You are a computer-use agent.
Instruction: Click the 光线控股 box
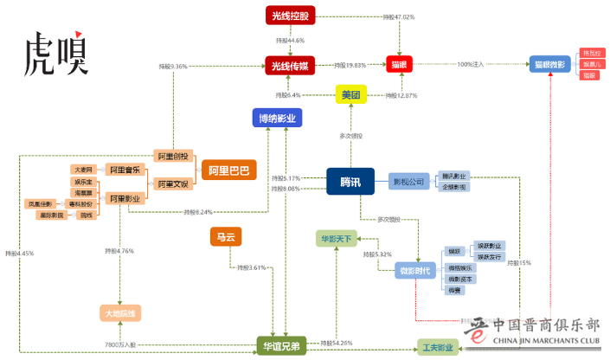pos(290,15)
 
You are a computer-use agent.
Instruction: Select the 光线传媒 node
pos(290,64)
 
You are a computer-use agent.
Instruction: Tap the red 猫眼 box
pos(399,64)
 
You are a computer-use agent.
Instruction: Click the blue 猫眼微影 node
pos(550,64)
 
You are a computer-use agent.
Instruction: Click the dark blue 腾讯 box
pos(350,181)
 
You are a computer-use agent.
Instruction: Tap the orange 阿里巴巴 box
pos(228,170)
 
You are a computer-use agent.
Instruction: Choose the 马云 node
pos(226,236)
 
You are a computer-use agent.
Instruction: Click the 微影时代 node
pos(419,271)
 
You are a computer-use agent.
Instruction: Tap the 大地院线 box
pos(120,313)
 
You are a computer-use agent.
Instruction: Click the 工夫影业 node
pos(438,348)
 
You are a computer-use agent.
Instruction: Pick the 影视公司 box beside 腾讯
pos(408,181)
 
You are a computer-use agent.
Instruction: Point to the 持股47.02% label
pos(398,16)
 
